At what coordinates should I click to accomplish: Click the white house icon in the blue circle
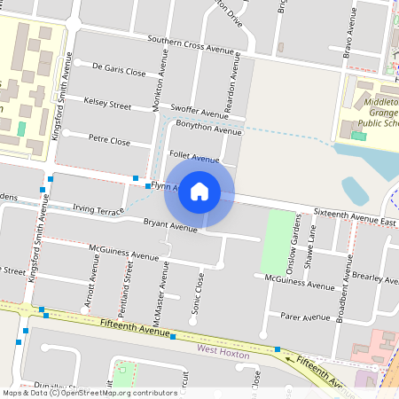(199, 191)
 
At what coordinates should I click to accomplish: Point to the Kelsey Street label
(107, 104)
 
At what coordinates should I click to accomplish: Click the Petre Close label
(109, 141)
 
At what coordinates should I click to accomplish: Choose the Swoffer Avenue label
(199, 113)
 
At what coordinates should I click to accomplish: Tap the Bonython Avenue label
(208, 130)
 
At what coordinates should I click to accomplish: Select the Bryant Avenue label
(170, 227)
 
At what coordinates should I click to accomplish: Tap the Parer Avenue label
(304, 317)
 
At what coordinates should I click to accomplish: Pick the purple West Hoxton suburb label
(222, 351)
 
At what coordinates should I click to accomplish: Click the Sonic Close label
(199, 293)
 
